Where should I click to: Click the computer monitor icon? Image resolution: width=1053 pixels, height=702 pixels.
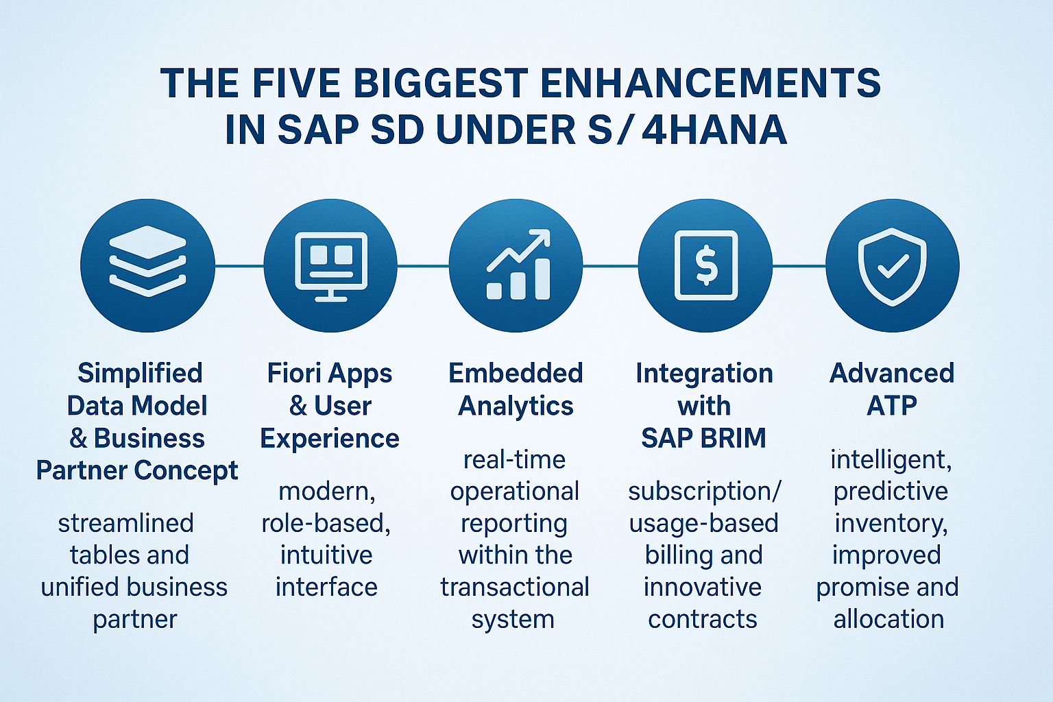click(x=331, y=264)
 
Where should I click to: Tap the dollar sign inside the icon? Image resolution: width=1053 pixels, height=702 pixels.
click(x=706, y=265)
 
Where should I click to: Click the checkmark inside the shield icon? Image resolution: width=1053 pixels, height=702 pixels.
click(x=893, y=265)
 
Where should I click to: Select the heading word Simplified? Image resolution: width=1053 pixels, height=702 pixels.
click(x=140, y=374)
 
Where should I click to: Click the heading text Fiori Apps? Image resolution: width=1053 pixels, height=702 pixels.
click(x=330, y=374)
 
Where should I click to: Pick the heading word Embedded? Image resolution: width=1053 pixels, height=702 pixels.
click(x=516, y=374)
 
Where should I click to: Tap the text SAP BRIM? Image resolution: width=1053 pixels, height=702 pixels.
click(x=704, y=438)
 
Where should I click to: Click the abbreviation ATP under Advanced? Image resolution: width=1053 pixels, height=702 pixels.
click(x=892, y=406)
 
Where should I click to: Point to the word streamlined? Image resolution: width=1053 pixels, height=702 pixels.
click(x=126, y=523)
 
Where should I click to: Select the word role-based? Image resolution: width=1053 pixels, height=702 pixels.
click(x=326, y=523)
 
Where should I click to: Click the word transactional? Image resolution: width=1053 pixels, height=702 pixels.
click(x=515, y=588)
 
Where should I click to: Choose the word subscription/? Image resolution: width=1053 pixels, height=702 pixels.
click(x=704, y=492)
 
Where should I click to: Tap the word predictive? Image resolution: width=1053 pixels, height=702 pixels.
click(x=891, y=492)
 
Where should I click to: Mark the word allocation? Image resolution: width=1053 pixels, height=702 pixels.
click(x=889, y=619)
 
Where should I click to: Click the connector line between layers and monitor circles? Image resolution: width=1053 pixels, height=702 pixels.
click(x=239, y=265)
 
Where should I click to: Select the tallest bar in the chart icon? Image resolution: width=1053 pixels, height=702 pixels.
click(x=542, y=279)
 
